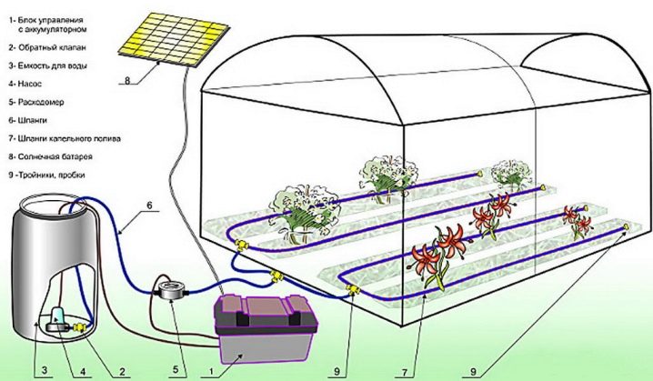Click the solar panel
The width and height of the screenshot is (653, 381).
click(x=174, y=39)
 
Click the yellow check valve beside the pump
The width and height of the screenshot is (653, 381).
click(x=79, y=328)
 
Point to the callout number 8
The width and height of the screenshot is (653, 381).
click(x=127, y=80)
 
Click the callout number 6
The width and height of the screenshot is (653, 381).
click(x=150, y=206)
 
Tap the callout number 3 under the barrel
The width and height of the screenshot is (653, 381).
click(x=45, y=370)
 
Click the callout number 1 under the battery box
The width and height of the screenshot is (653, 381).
click(x=211, y=370)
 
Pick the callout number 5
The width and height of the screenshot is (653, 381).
click(x=176, y=370)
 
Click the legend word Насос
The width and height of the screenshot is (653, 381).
click(x=30, y=84)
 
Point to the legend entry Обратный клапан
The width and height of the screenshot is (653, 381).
click(x=52, y=47)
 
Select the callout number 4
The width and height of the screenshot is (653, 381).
click(x=82, y=370)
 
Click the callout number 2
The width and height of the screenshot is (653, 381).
click(x=122, y=370)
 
